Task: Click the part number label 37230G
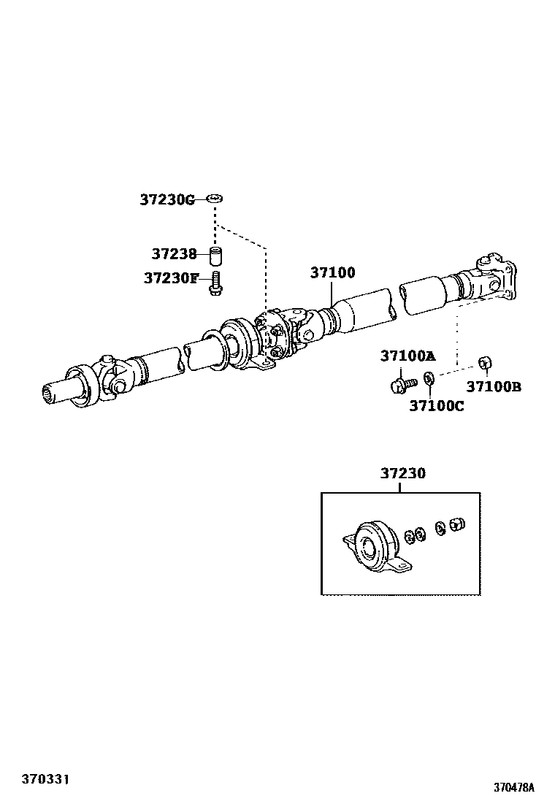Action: [167, 199]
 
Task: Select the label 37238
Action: [174, 254]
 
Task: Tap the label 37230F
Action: [171, 278]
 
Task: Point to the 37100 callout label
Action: [332, 272]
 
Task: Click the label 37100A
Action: [407, 356]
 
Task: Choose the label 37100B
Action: [494, 387]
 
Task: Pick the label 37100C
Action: [436, 406]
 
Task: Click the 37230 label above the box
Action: [402, 473]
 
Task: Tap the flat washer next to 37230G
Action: [215, 198]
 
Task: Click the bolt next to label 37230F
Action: [215, 283]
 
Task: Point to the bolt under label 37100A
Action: [400, 382]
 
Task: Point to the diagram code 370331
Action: [45, 781]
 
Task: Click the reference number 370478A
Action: [513, 788]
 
